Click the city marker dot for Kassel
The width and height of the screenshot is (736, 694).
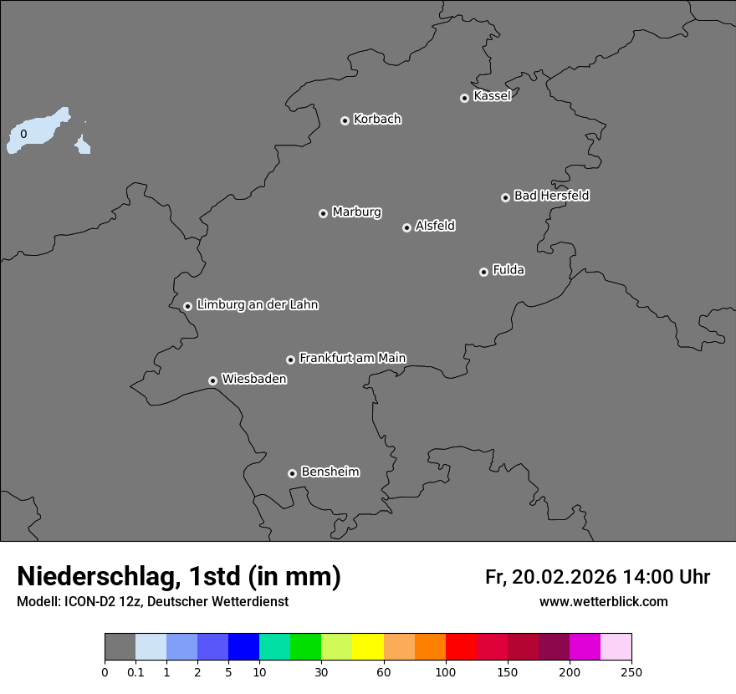coord(464,98)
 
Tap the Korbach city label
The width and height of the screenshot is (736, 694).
coord(377,120)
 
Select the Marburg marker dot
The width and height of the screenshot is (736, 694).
coord(323,213)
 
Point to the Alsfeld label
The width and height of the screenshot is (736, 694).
coord(435,226)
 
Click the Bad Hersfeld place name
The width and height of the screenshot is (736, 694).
coord(551,196)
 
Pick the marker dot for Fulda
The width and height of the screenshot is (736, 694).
coord(483,272)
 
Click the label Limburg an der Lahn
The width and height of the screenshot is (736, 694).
coord(257,305)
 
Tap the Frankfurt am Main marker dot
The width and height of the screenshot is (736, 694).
coord(290,360)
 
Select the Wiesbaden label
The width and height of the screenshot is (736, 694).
coord(253,379)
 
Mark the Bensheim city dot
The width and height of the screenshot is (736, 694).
coord(292,473)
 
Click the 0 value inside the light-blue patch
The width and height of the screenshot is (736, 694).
coord(23,134)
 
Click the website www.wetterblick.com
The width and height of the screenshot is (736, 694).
coord(603,602)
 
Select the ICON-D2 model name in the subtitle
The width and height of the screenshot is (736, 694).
coord(89,602)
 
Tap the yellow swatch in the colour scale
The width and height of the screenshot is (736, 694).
coord(368,647)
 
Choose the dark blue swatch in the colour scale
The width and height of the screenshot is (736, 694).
coord(243,647)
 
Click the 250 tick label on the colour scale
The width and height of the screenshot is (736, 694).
coord(631,672)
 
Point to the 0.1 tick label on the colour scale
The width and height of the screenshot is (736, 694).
coord(135,672)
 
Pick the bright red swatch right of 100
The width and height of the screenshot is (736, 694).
coord(461,647)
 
